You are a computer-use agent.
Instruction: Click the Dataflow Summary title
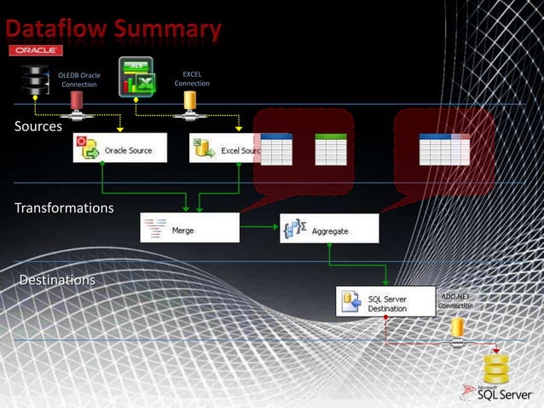point(114,31)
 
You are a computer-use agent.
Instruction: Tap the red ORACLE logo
point(35,52)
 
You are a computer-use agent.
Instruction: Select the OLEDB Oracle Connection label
point(79,80)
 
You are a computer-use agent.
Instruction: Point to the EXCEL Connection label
point(192,79)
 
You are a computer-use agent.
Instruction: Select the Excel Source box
point(224,149)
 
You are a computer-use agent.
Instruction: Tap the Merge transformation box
point(189,229)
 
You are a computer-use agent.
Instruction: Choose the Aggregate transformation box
point(328,229)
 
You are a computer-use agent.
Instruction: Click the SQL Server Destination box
point(385,302)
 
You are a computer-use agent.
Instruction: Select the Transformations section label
point(64,207)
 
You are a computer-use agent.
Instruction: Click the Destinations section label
point(57,279)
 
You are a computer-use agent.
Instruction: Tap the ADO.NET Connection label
point(454,300)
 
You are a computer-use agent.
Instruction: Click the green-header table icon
point(331,149)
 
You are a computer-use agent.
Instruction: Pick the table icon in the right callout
point(444,149)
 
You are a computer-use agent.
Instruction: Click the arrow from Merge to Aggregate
point(260,228)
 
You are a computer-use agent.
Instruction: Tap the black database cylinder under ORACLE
point(35,82)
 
